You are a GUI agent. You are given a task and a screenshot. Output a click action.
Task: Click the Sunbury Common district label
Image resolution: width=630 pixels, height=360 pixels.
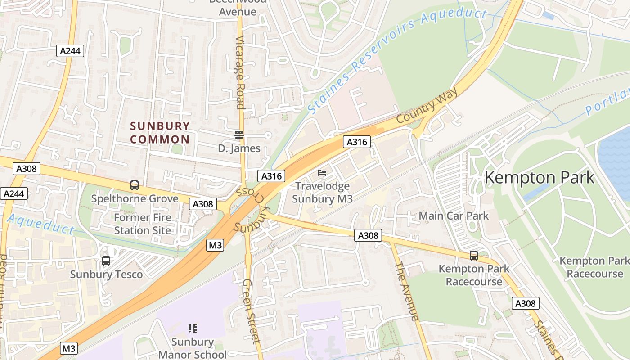point(160,133)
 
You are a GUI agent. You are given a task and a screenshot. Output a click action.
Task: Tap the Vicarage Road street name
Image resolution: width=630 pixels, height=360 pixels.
point(240,72)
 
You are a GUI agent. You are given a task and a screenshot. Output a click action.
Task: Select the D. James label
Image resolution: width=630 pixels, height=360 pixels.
point(239,148)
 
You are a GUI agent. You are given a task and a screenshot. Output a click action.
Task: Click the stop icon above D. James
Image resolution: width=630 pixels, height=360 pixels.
point(238,135)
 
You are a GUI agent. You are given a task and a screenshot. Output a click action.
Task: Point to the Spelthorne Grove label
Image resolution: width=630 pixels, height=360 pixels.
point(135,198)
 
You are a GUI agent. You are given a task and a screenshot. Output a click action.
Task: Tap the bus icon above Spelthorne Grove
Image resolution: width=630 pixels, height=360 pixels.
point(134,185)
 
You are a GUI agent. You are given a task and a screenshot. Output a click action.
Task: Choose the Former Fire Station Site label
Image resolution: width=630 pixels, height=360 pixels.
point(143,224)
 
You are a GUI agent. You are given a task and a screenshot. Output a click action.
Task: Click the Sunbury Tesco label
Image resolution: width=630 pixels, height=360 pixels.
point(106,274)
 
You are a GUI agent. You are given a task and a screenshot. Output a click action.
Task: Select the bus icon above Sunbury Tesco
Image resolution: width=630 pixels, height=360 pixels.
point(106,261)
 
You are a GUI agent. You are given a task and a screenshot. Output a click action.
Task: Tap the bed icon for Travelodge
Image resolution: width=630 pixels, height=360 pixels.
point(322,172)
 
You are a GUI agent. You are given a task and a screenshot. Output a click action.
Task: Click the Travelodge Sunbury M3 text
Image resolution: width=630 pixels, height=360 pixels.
point(322,192)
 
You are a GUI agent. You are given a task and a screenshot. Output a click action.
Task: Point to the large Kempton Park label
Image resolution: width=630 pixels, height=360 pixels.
point(540,177)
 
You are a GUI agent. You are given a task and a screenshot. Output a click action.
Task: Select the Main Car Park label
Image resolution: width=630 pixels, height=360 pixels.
point(454,216)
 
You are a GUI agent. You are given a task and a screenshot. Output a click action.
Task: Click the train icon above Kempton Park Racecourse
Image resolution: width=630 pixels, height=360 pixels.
point(474,256)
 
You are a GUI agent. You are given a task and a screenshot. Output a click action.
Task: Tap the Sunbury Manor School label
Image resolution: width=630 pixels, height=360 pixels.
point(193,348)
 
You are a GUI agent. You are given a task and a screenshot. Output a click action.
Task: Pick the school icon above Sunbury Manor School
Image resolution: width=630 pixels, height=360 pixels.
point(193,328)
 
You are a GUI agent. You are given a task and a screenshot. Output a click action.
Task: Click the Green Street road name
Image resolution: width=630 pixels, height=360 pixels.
point(251,310)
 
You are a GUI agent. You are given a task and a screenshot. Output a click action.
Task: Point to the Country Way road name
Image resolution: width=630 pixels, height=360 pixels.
point(427,106)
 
